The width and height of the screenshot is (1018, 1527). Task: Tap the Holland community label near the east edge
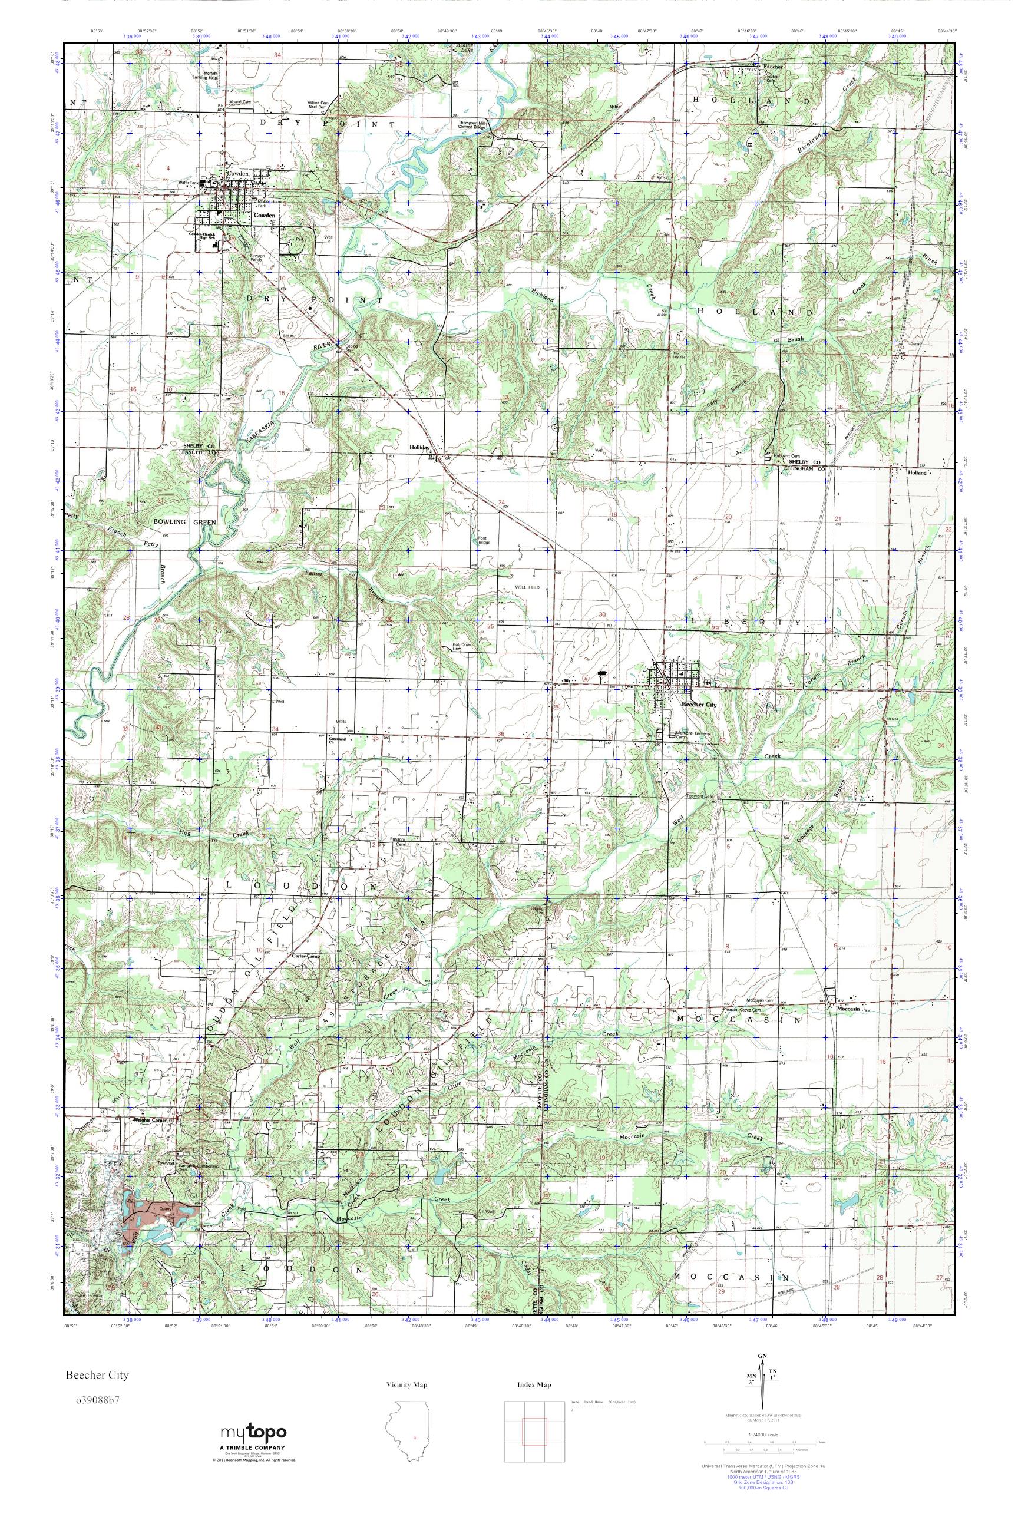[x=917, y=472]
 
